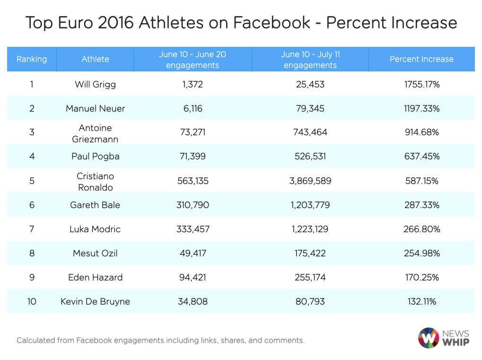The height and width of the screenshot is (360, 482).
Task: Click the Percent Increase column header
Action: coord(421,59)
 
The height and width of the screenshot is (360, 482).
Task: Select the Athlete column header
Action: coord(95,59)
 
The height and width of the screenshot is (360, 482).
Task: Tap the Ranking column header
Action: coord(32,59)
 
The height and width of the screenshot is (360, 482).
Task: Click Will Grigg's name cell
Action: coord(95,85)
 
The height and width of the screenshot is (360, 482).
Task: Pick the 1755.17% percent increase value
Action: coord(422,85)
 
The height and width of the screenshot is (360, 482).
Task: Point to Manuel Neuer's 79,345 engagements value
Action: coord(310,108)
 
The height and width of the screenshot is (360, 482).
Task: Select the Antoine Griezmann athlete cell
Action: coord(95,132)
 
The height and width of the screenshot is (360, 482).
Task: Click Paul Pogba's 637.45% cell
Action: coord(422,157)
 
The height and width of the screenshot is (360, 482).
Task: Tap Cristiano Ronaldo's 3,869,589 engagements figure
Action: coord(310,181)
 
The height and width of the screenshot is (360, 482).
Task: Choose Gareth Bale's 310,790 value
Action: coord(192,205)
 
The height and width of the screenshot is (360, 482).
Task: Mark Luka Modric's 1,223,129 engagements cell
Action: coord(310,229)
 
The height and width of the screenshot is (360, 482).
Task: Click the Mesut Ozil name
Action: coord(95,253)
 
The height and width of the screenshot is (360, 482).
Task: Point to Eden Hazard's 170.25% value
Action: coord(422,277)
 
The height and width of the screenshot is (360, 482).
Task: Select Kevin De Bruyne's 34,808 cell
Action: coord(192,301)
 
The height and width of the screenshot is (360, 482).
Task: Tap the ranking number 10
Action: coord(32,301)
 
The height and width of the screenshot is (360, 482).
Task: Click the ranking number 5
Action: coord(32,181)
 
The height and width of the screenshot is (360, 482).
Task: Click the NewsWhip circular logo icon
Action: coord(429,338)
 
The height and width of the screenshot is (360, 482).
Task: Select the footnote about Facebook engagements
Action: coord(160,340)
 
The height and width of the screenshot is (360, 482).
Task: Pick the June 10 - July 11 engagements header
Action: coord(310,60)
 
